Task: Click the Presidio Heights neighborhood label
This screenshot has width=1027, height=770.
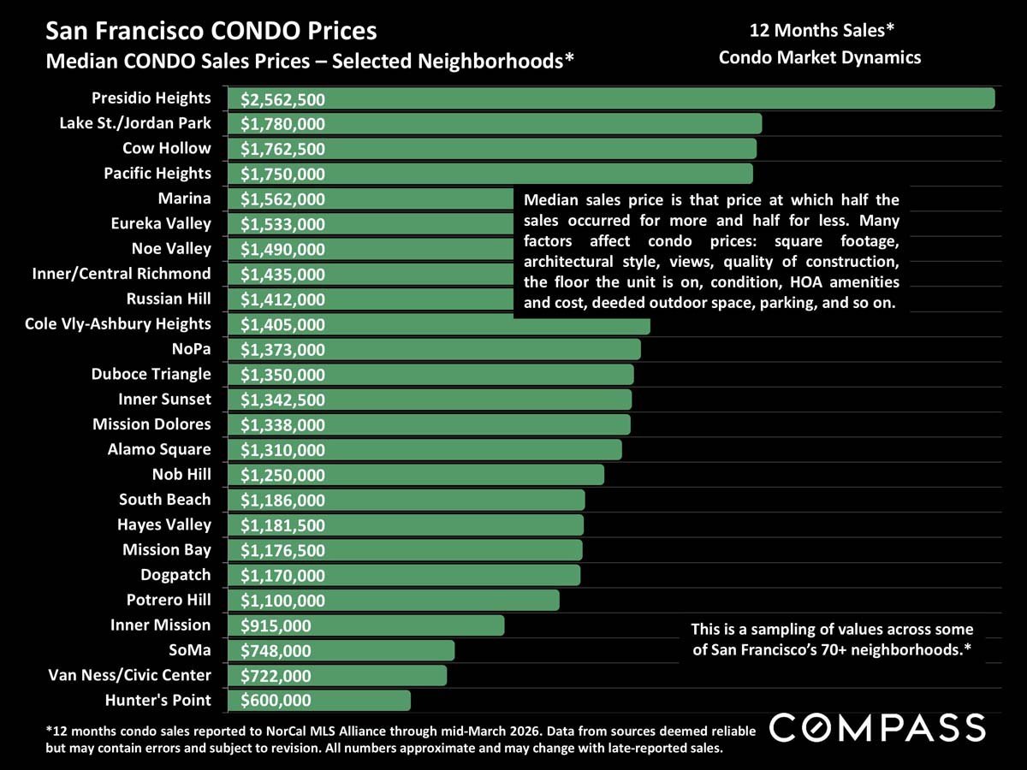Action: pyautogui.click(x=151, y=98)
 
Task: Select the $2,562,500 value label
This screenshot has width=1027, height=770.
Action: pyautogui.click(x=282, y=99)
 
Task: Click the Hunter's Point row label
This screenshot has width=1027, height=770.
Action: pyautogui.click(x=157, y=700)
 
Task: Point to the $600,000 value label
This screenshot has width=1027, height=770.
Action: pyautogui.click(x=276, y=701)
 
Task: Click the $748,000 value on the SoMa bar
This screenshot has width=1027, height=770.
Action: pyautogui.click(x=276, y=651)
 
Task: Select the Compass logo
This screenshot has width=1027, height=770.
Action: pyautogui.click(x=878, y=728)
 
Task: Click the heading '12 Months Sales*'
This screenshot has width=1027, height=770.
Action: pyautogui.click(x=822, y=32)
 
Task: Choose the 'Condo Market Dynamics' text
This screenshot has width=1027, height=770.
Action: pyautogui.click(x=820, y=57)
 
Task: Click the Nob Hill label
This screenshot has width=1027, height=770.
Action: pyautogui.click(x=181, y=474)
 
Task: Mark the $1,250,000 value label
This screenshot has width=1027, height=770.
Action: pyautogui.click(x=282, y=476)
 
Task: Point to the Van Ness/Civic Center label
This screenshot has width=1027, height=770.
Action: pyautogui.click(x=129, y=675)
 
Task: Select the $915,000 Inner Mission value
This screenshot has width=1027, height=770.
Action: pyautogui.click(x=276, y=626)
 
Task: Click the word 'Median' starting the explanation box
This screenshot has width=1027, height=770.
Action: pyautogui.click(x=549, y=201)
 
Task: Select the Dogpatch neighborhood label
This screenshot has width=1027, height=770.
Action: pyautogui.click(x=175, y=574)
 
